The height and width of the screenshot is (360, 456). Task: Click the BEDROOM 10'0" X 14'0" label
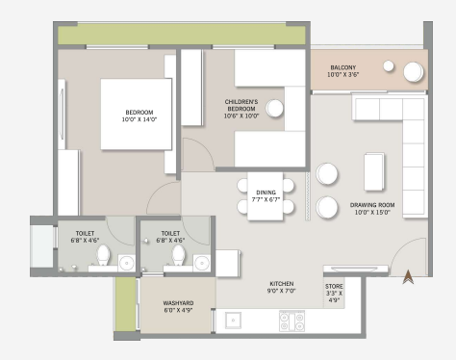[139, 116]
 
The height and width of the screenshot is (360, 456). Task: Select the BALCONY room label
[343, 71]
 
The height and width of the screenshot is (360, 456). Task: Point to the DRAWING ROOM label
[372, 209]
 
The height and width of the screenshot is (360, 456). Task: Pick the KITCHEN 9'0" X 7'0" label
[282, 287]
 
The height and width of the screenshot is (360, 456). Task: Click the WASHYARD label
[178, 306]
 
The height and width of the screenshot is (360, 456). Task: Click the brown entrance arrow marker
[408, 277]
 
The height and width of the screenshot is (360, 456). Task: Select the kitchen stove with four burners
[291, 321]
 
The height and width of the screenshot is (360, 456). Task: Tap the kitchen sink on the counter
[233, 321]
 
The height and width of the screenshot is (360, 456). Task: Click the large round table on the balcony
[414, 72]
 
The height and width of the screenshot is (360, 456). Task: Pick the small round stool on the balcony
[389, 66]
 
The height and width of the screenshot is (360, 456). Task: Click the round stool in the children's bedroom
[274, 108]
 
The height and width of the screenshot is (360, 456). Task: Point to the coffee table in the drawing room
[374, 171]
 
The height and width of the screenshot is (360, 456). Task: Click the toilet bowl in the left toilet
[103, 255]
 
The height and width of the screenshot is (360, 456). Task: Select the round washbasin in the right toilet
[202, 264]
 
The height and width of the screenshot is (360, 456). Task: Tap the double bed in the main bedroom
[136, 115]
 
